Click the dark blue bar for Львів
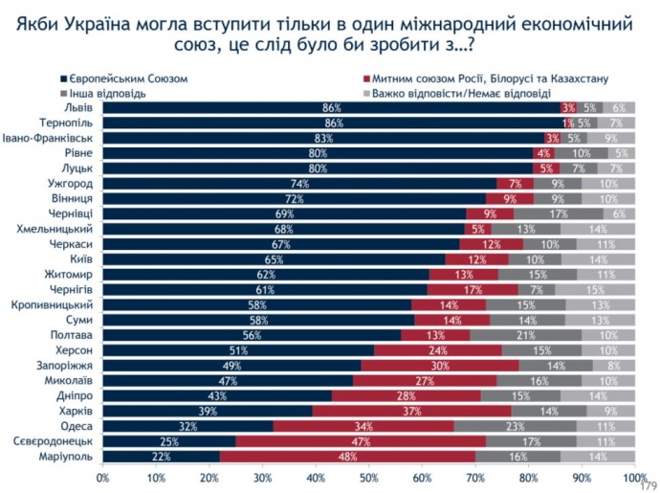click(331, 108)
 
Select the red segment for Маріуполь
click(347, 457)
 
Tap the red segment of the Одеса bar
click(363, 425)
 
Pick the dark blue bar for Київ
click(274, 258)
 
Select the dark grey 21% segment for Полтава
click(525, 335)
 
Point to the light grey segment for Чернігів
click(593, 289)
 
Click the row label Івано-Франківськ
click(49, 139)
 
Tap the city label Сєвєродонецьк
click(49, 441)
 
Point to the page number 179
click(648, 483)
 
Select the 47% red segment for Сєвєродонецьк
click(360, 441)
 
